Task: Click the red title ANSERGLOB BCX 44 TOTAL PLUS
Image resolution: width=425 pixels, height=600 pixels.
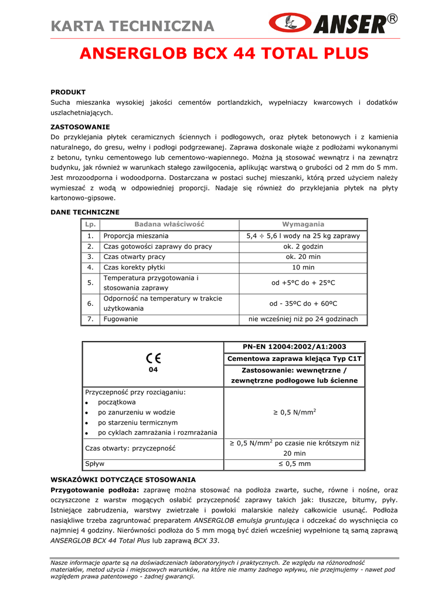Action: pyautogui.click(x=224, y=54)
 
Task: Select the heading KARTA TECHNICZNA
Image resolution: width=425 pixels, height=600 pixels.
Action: pyautogui.click(x=132, y=26)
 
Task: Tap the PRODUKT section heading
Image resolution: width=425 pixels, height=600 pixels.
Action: pyautogui.click(x=68, y=92)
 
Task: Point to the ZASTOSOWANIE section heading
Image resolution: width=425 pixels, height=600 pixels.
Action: pyautogui.click(x=80, y=127)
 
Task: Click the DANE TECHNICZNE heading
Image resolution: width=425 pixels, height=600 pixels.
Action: pyautogui.click(x=85, y=212)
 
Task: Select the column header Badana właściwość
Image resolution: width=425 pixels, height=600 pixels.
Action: pyautogui.click(x=169, y=224)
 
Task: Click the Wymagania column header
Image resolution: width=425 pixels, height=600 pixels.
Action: pyautogui.click(x=303, y=224)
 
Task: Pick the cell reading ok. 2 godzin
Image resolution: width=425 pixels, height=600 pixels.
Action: pyautogui.click(x=303, y=247)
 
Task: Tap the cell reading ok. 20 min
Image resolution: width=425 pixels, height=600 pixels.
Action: pyautogui.click(x=303, y=257)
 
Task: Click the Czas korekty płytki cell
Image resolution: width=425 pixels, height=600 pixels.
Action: pyautogui.click(x=132, y=267)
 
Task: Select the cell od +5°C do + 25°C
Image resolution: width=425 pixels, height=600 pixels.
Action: pyautogui.click(x=303, y=283)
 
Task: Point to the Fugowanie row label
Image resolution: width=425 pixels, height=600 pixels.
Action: pyautogui.click(x=121, y=319)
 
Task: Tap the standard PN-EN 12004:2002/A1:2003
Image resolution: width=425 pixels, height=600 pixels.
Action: pyautogui.click(x=295, y=347)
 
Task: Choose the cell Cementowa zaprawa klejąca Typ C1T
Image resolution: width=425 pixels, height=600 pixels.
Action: pyautogui.click(x=295, y=359)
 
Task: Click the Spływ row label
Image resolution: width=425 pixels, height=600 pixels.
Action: pyautogui.click(x=95, y=463)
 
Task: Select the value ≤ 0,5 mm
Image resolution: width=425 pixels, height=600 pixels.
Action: pyautogui.click(x=295, y=463)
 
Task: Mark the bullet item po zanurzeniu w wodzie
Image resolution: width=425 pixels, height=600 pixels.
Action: pyautogui.click(x=137, y=412)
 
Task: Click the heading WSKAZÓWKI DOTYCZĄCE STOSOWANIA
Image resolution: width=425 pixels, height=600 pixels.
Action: pyautogui.click(x=123, y=479)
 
